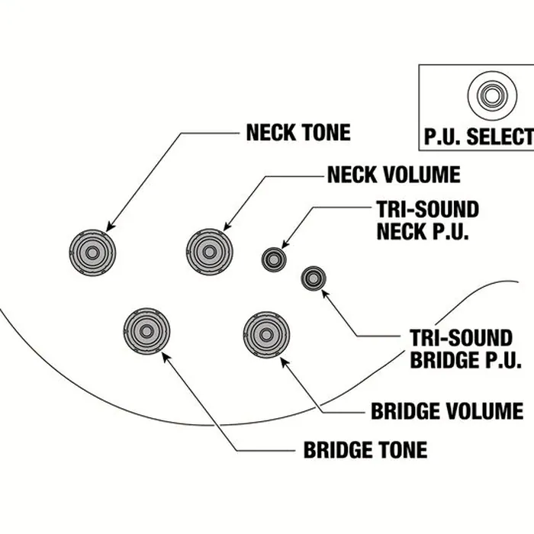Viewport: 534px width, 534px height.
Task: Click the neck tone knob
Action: point(92,253)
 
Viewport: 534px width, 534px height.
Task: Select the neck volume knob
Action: point(210,252)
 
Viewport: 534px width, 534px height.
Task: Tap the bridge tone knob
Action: point(146,331)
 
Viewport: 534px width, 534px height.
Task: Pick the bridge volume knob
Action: point(266,335)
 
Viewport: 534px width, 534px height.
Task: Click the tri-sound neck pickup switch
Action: point(274,259)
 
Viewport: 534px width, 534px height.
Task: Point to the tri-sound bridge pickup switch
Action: point(314,278)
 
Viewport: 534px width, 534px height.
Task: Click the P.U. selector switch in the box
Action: point(492,95)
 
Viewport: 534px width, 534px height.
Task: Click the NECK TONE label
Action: point(298,132)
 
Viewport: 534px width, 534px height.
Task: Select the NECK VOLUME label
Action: point(394,175)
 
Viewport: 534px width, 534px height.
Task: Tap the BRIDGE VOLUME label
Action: point(447,410)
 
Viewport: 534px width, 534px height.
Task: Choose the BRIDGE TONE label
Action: point(365,449)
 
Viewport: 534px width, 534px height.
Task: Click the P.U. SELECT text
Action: point(479,137)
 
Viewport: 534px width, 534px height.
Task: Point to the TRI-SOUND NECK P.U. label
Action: point(428,220)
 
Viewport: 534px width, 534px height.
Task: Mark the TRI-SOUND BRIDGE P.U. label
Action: point(465,349)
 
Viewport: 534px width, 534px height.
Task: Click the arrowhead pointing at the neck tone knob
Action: point(111,227)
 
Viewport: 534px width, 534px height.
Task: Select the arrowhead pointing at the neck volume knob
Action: point(227,226)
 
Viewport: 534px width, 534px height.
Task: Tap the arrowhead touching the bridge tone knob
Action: point(166,358)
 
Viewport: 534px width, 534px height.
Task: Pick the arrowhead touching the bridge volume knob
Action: point(285,362)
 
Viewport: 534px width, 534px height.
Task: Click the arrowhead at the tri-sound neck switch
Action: point(285,244)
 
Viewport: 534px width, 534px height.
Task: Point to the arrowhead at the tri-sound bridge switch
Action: point(326,294)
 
